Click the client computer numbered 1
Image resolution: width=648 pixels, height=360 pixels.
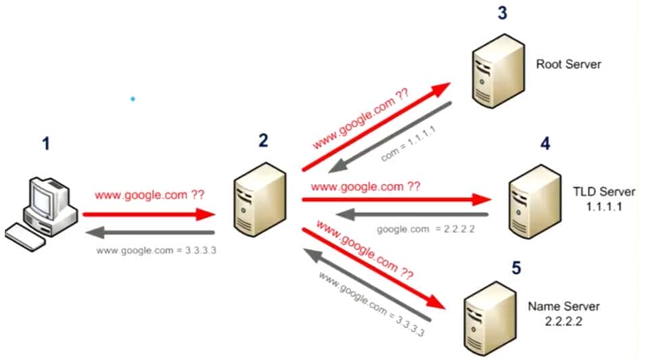(41, 214)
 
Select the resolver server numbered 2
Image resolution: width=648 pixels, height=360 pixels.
(260, 200)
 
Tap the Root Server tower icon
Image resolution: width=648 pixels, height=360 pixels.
(498, 71)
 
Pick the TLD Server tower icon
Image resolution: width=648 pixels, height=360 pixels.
(535, 202)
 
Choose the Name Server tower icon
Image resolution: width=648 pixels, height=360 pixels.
(490, 318)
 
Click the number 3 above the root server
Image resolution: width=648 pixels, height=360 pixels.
(502, 13)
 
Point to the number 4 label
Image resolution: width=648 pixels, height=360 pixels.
(545, 144)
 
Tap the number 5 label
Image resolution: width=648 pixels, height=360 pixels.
(516, 268)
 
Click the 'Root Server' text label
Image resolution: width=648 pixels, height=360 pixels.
(568, 64)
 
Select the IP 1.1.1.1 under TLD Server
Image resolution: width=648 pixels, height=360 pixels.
(604, 206)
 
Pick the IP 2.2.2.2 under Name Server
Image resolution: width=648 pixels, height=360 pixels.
(563, 321)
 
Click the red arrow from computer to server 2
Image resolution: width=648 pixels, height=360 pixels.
(149, 214)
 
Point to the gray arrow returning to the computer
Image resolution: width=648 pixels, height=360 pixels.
(150, 233)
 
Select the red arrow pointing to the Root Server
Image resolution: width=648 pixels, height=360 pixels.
(377, 127)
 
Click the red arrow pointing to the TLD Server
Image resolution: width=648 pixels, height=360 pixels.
(397, 200)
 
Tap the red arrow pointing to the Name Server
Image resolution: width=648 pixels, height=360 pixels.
(374, 269)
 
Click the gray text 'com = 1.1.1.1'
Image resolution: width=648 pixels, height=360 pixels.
(408, 144)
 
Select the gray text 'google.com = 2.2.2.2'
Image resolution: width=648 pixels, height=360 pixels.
(425, 229)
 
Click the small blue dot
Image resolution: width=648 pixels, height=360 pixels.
(133, 99)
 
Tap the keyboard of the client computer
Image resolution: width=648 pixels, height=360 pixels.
(26, 238)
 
